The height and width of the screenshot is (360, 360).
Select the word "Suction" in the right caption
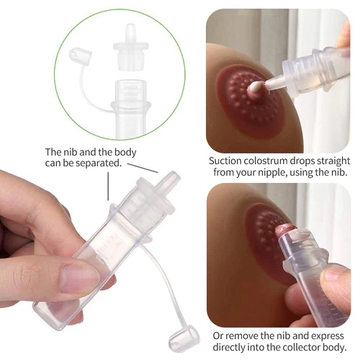point(226,161)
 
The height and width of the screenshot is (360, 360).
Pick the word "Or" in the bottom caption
point(218,336)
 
